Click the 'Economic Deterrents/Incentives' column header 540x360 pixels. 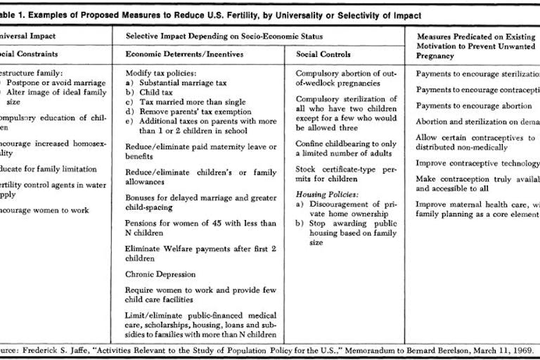click(x=180, y=53)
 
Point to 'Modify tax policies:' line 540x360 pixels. click(x=161, y=73)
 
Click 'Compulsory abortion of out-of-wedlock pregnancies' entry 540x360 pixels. click(x=346, y=78)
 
